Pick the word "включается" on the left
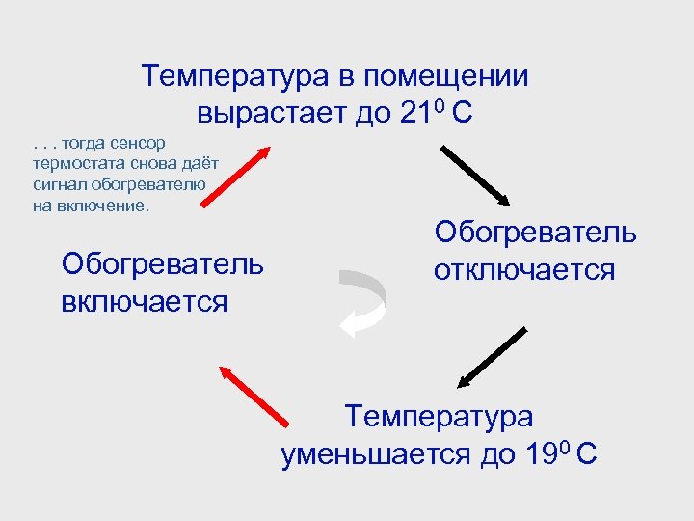pyautogui.click(x=144, y=301)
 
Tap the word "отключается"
pyautogui.click(x=523, y=270)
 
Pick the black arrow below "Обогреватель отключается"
pyautogui.click(x=493, y=357)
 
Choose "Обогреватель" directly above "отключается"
pyautogui.click(x=535, y=233)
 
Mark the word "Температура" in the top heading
pyautogui.click(x=234, y=76)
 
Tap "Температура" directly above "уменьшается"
pyautogui.click(x=439, y=418)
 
